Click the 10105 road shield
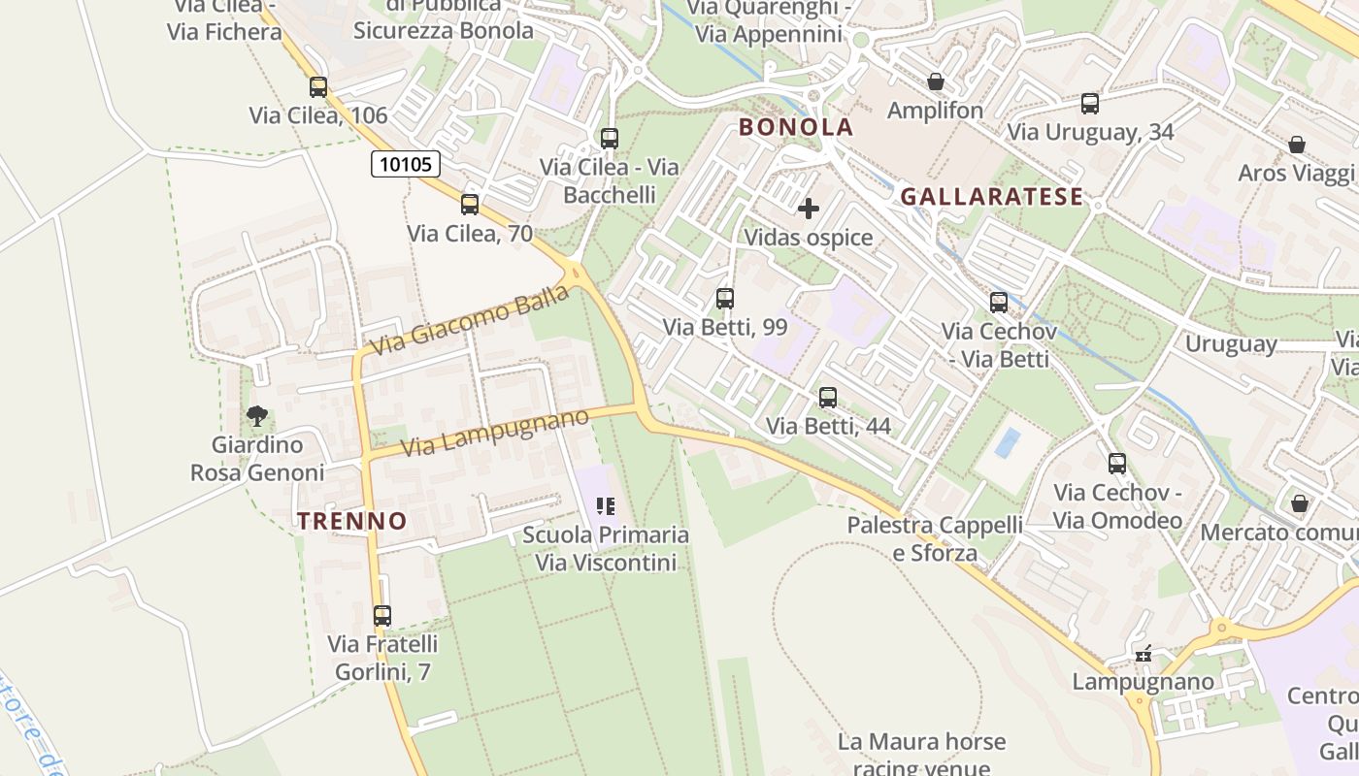point(406,164)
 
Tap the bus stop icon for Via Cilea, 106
point(318,87)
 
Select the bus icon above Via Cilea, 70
point(470,205)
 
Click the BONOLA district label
point(796,127)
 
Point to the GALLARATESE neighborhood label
point(991,197)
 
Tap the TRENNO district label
point(352,521)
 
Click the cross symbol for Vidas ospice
point(808,209)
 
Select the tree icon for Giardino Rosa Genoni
point(257,417)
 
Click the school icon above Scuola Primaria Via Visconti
point(606,506)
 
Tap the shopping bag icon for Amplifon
point(936,82)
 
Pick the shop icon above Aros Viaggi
point(1296,145)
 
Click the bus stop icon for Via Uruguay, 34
point(1090,104)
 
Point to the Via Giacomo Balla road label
point(469,320)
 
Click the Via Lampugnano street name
point(495,433)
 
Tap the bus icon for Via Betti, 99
point(725,299)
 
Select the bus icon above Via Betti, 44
point(828,398)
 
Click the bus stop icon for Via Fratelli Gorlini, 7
point(382,616)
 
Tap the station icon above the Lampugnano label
point(1144,655)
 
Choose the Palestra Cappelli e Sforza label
point(935,538)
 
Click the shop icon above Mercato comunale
point(1300,504)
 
